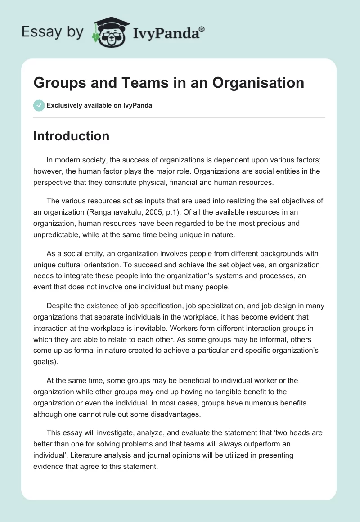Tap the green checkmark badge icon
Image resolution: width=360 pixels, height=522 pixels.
pos(39,105)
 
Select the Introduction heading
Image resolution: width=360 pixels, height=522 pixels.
pos(71,136)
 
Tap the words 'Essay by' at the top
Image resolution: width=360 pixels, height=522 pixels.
pos(52,31)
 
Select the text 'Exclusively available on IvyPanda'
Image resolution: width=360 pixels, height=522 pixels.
pos(99,105)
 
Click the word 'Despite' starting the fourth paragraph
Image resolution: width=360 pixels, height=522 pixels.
pos(58,306)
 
